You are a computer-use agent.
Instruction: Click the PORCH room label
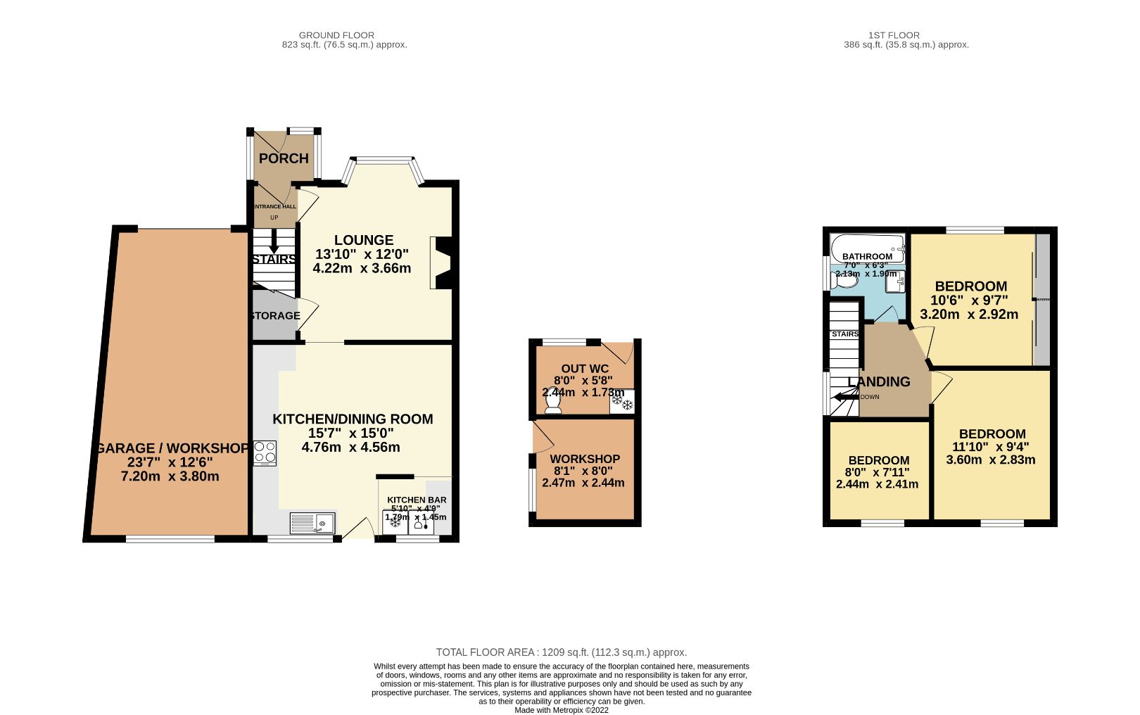[x=284, y=158]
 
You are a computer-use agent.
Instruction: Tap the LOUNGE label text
[x=364, y=240]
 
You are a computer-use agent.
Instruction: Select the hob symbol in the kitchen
[x=265, y=453]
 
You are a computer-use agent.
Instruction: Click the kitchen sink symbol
[x=312, y=524]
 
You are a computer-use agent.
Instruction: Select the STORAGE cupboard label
[x=276, y=316]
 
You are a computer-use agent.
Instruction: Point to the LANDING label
[x=879, y=382]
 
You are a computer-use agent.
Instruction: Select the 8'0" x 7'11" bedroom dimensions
[x=877, y=472]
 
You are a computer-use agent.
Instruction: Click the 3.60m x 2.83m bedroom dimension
[x=990, y=460]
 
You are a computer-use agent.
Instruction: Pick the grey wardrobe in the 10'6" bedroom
[x=1042, y=300]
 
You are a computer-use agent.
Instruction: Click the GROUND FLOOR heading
[x=336, y=35]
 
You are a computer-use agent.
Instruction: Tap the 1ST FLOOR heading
[x=894, y=35]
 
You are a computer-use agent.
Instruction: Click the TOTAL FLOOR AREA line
[x=561, y=652]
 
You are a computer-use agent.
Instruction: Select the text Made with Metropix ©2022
[x=561, y=710]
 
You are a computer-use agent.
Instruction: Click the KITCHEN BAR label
[x=417, y=500]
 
